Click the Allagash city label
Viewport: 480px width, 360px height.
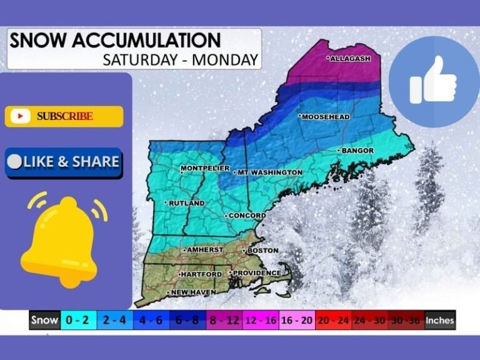pyautogui.click(x=348, y=58)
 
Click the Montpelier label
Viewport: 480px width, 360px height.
pyautogui.click(x=201, y=169)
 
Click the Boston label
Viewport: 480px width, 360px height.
pyautogui.click(x=261, y=251)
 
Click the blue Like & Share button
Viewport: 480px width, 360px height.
pyautogui.click(x=63, y=162)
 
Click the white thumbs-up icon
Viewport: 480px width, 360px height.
pyautogui.click(x=433, y=80)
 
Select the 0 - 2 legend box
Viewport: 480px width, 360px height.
pyautogui.click(x=78, y=321)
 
